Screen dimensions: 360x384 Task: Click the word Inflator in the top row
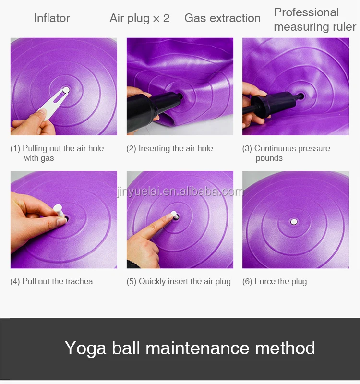[52, 18]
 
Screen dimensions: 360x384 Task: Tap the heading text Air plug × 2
[140, 18]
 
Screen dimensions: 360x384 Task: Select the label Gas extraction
[222, 18]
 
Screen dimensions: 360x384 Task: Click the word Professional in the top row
[306, 12]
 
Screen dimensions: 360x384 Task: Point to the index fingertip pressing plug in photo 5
[169, 216]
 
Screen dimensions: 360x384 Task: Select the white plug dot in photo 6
[294, 222]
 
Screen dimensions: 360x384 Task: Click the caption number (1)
[15, 148]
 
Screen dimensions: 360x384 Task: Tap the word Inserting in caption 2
[154, 149]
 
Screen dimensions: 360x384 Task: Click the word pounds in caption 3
[269, 158]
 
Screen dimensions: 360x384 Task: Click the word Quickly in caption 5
[152, 282]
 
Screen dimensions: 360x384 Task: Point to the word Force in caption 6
[264, 281]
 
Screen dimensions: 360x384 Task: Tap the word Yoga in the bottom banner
[85, 348]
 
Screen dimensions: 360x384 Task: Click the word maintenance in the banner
[197, 348]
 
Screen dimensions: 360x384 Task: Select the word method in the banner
[285, 348]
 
